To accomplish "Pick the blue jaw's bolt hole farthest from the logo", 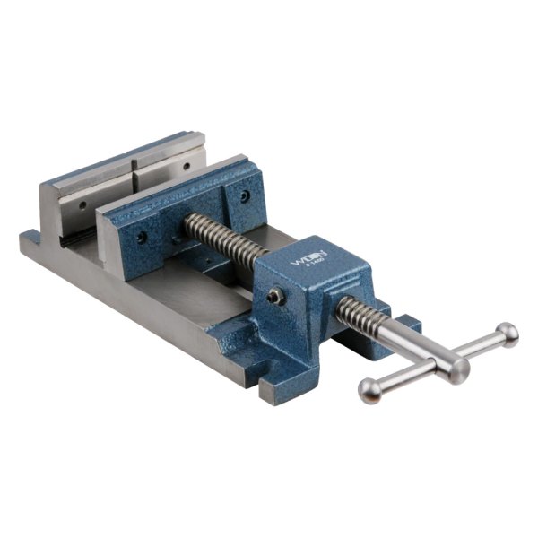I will (x=142, y=238).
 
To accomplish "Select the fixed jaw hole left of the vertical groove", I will (x=82, y=205).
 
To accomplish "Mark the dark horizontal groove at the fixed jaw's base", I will (x=72, y=238).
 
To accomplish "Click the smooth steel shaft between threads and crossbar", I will (x=412, y=345).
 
